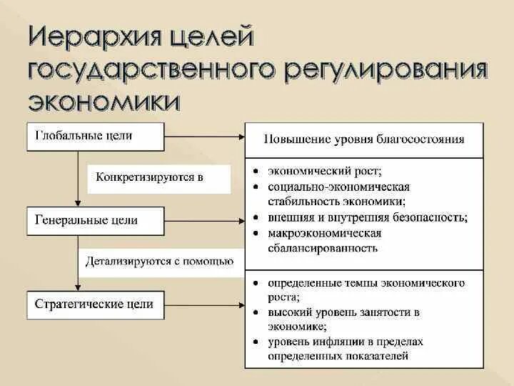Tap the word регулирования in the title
click(x=386, y=71)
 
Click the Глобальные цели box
click(x=94, y=136)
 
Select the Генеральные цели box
click(x=94, y=220)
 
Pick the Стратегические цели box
click(x=94, y=305)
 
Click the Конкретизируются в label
click(x=159, y=177)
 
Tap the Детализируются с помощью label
click(x=160, y=261)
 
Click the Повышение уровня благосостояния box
click(x=364, y=139)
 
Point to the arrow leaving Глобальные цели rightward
click(x=205, y=136)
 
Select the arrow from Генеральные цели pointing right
click(x=205, y=220)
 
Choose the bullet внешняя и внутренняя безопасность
click(x=367, y=218)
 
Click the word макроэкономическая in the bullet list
click(x=324, y=233)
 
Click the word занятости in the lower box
click(x=385, y=312)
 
